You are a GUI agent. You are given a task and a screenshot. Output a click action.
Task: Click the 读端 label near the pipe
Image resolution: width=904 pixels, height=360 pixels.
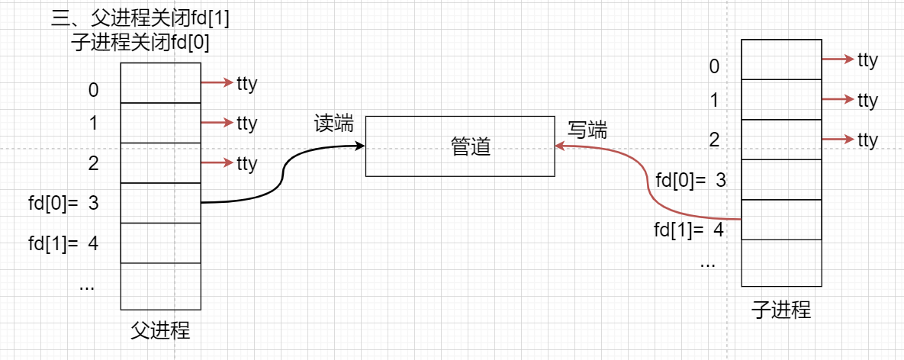click(334, 124)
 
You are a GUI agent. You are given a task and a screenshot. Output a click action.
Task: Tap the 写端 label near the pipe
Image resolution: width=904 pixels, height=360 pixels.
click(587, 130)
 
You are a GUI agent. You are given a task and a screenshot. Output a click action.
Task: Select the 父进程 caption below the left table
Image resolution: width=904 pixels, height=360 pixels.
click(161, 331)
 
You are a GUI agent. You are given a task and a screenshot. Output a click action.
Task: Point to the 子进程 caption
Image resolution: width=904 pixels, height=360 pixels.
click(781, 310)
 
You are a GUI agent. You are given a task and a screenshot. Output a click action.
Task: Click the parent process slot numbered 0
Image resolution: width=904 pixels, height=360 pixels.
click(161, 83)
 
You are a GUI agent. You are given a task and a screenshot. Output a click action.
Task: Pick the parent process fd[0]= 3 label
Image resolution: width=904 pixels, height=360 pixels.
click(63, 204)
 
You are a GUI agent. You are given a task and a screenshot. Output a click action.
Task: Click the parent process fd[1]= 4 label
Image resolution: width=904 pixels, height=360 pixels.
click(63, 244)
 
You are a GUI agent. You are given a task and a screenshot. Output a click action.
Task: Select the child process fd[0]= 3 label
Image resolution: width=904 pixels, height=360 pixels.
click(690, 181)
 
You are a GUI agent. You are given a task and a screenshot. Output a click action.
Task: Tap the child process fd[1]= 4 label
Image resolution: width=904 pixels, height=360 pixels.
click(689, 228)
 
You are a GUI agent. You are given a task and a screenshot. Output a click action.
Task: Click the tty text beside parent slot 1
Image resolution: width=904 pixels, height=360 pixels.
click(246, 123)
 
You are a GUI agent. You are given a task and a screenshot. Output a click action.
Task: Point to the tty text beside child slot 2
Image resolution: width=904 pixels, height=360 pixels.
click(867, 140)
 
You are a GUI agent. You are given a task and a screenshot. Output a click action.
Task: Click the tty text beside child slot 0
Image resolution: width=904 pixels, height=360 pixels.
click(867, 59)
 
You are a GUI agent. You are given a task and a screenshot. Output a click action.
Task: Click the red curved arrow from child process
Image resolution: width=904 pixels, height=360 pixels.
click(648, 191)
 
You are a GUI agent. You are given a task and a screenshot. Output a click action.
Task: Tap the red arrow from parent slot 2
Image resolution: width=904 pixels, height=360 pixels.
click(217, 162)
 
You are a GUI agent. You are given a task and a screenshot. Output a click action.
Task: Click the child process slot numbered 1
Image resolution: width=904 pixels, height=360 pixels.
click(782, 100)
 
